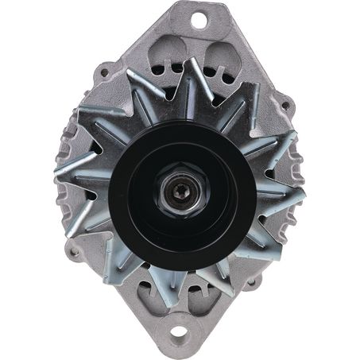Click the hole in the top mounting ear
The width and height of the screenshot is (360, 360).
(x=196, y=17)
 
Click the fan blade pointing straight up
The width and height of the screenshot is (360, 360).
(x=190, y=75)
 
